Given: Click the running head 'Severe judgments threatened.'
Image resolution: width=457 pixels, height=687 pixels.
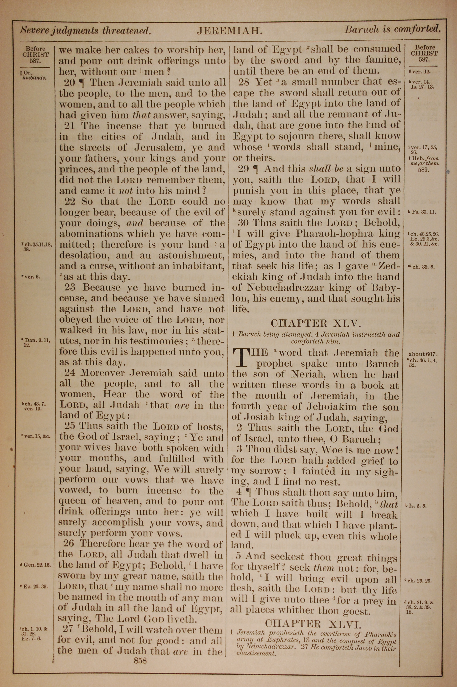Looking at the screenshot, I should (x=85, y=30).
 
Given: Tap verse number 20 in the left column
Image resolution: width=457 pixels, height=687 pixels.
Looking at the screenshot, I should (x=70, y=83).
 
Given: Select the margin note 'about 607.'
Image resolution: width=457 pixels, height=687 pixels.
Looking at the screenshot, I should (x=422, y=354).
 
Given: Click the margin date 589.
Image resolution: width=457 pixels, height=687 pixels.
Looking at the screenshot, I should (x=423, y=170).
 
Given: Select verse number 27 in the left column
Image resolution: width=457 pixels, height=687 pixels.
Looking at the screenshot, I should (x=68, y=629).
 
